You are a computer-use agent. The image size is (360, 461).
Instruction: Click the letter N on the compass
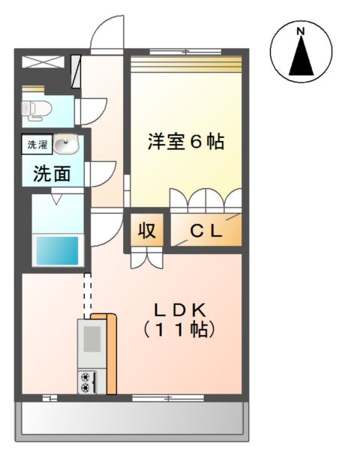click(x=300, y=31)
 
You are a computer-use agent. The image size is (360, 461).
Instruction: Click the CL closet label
click(x=205, y=232)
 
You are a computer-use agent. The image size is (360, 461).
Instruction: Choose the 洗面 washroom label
click(x=52, y=174)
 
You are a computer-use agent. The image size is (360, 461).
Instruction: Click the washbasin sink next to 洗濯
click(x=66, y=143)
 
